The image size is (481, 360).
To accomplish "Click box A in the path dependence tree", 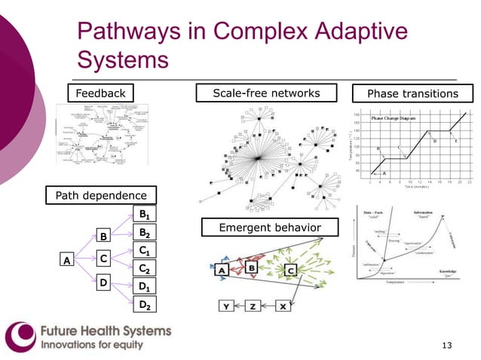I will (67, 261).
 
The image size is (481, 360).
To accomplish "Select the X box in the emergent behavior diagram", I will (282, 307).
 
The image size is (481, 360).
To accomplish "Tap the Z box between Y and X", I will (254, 307).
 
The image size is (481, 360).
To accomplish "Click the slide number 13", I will (446, 345).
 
